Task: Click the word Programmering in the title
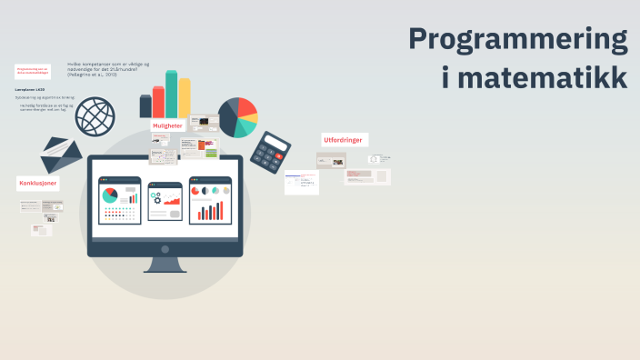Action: [517, 40]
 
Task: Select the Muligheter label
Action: [167, 125]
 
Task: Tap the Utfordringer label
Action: [345, 139]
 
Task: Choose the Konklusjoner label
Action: [38, 183]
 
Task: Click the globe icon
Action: [95, 115]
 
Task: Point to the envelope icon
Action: [61, 155]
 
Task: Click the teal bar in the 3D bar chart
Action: [171, 95]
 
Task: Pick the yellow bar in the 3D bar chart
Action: [185, 97]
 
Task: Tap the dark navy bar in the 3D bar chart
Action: [145, 105]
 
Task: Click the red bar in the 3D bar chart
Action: [158, 101]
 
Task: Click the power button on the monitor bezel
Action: [165, 248]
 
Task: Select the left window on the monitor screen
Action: [120, 200]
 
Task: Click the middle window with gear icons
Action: [165, 200]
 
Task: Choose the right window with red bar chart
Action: [210, 200]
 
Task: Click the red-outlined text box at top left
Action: [33, 71]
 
